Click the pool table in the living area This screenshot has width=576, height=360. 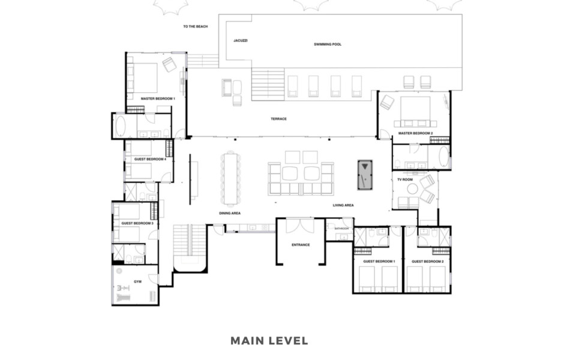[365, 175]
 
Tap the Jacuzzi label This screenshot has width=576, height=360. [241, 40]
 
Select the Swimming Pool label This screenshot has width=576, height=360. [328, 44]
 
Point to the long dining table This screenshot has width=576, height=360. [230, 179]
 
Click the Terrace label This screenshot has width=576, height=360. [278, 119]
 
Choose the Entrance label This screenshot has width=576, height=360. [301, 245]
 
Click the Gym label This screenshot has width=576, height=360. [138, 282]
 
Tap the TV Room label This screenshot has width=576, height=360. [405, 179]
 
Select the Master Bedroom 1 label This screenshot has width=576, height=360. [158, 99]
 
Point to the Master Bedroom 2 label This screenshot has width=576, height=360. [415, 133]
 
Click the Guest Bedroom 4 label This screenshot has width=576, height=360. [150, 160]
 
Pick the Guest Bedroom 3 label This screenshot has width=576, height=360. [137, 223]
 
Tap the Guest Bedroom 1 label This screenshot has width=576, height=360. [379, 262]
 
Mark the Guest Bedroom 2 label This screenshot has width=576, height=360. [428, 262]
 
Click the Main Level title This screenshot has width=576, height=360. [269, 341]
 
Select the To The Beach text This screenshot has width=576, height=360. [196, 26]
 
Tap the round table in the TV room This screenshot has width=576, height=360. [412, 189]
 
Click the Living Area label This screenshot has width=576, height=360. [343, 205]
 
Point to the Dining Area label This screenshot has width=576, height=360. [230, 214]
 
